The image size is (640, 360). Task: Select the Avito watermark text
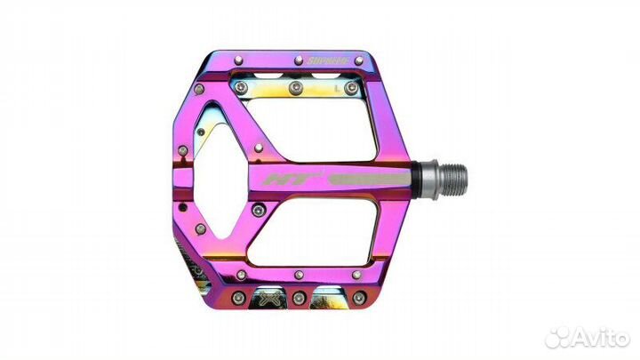tap(599, 338)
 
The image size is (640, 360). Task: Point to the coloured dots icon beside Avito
tap(560, 338)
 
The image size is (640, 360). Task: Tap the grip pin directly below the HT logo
tap(259, 210)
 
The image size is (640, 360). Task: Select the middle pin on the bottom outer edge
tap(299, 296)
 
